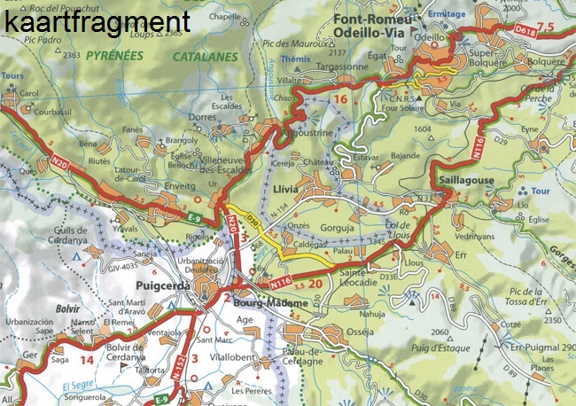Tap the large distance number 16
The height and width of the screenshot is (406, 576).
pos(341,98)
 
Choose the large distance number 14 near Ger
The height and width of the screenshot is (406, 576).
pos(87,361)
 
